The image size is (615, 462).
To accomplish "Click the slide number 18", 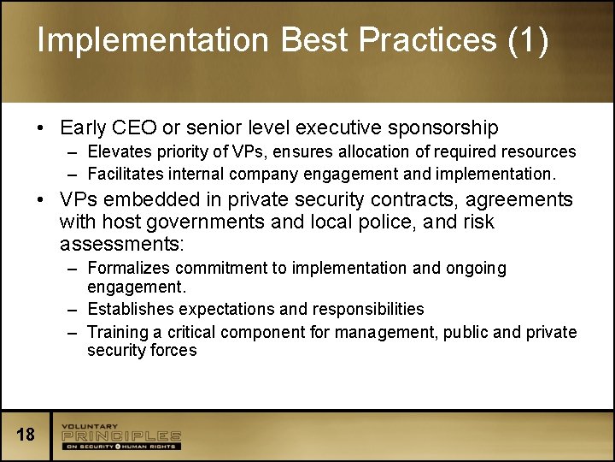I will pos(26,435).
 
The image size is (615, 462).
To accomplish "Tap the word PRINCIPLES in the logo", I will pos(120,436).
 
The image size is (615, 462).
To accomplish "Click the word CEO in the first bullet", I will pos(133,128).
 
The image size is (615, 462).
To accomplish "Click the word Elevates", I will pos(120,151).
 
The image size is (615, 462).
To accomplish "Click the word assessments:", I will pos(122,245).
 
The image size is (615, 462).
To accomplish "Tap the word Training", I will pos(118,332).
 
